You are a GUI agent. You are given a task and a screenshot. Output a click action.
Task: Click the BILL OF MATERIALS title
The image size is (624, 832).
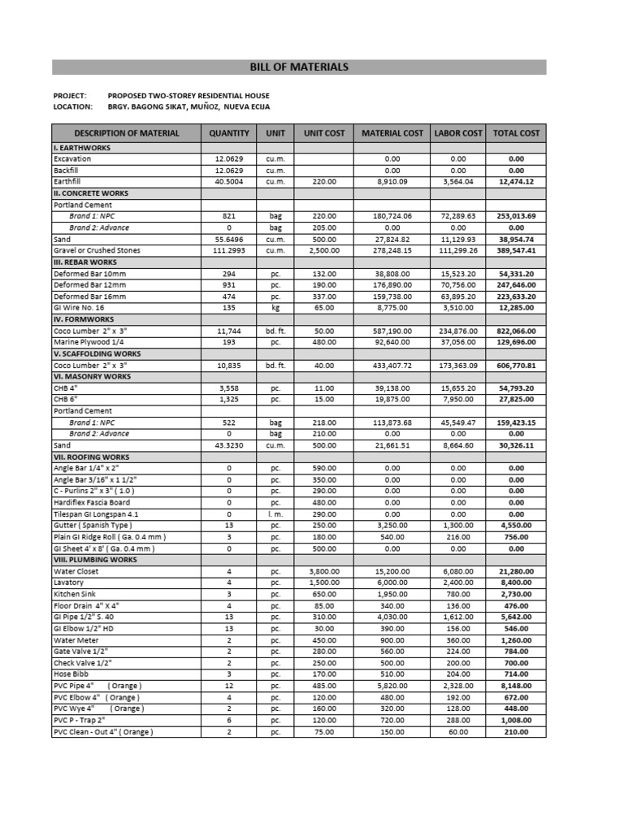click(x=299, y=67)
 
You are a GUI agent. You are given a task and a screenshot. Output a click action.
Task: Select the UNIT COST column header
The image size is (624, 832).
click(x=324, y=133)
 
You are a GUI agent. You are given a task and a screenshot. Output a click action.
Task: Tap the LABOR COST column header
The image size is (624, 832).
click(x=458, y=133)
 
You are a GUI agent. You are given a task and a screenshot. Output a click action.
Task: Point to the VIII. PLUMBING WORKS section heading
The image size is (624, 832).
click(x=94, y=560)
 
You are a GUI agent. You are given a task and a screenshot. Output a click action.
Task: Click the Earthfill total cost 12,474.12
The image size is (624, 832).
click(x=516, y=182)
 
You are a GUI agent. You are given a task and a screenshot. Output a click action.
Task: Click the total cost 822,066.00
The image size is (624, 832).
click(x=516, y=331)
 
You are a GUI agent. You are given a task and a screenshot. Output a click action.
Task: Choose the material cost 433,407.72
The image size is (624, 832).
click(x=392, y=366)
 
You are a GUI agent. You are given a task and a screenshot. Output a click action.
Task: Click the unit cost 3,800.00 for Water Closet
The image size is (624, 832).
click(x=324, y=571)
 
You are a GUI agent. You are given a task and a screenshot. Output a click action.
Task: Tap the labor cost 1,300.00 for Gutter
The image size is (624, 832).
click(x=458, y=526)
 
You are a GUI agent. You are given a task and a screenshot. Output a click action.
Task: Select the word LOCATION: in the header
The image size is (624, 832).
click(x=73, y=106)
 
